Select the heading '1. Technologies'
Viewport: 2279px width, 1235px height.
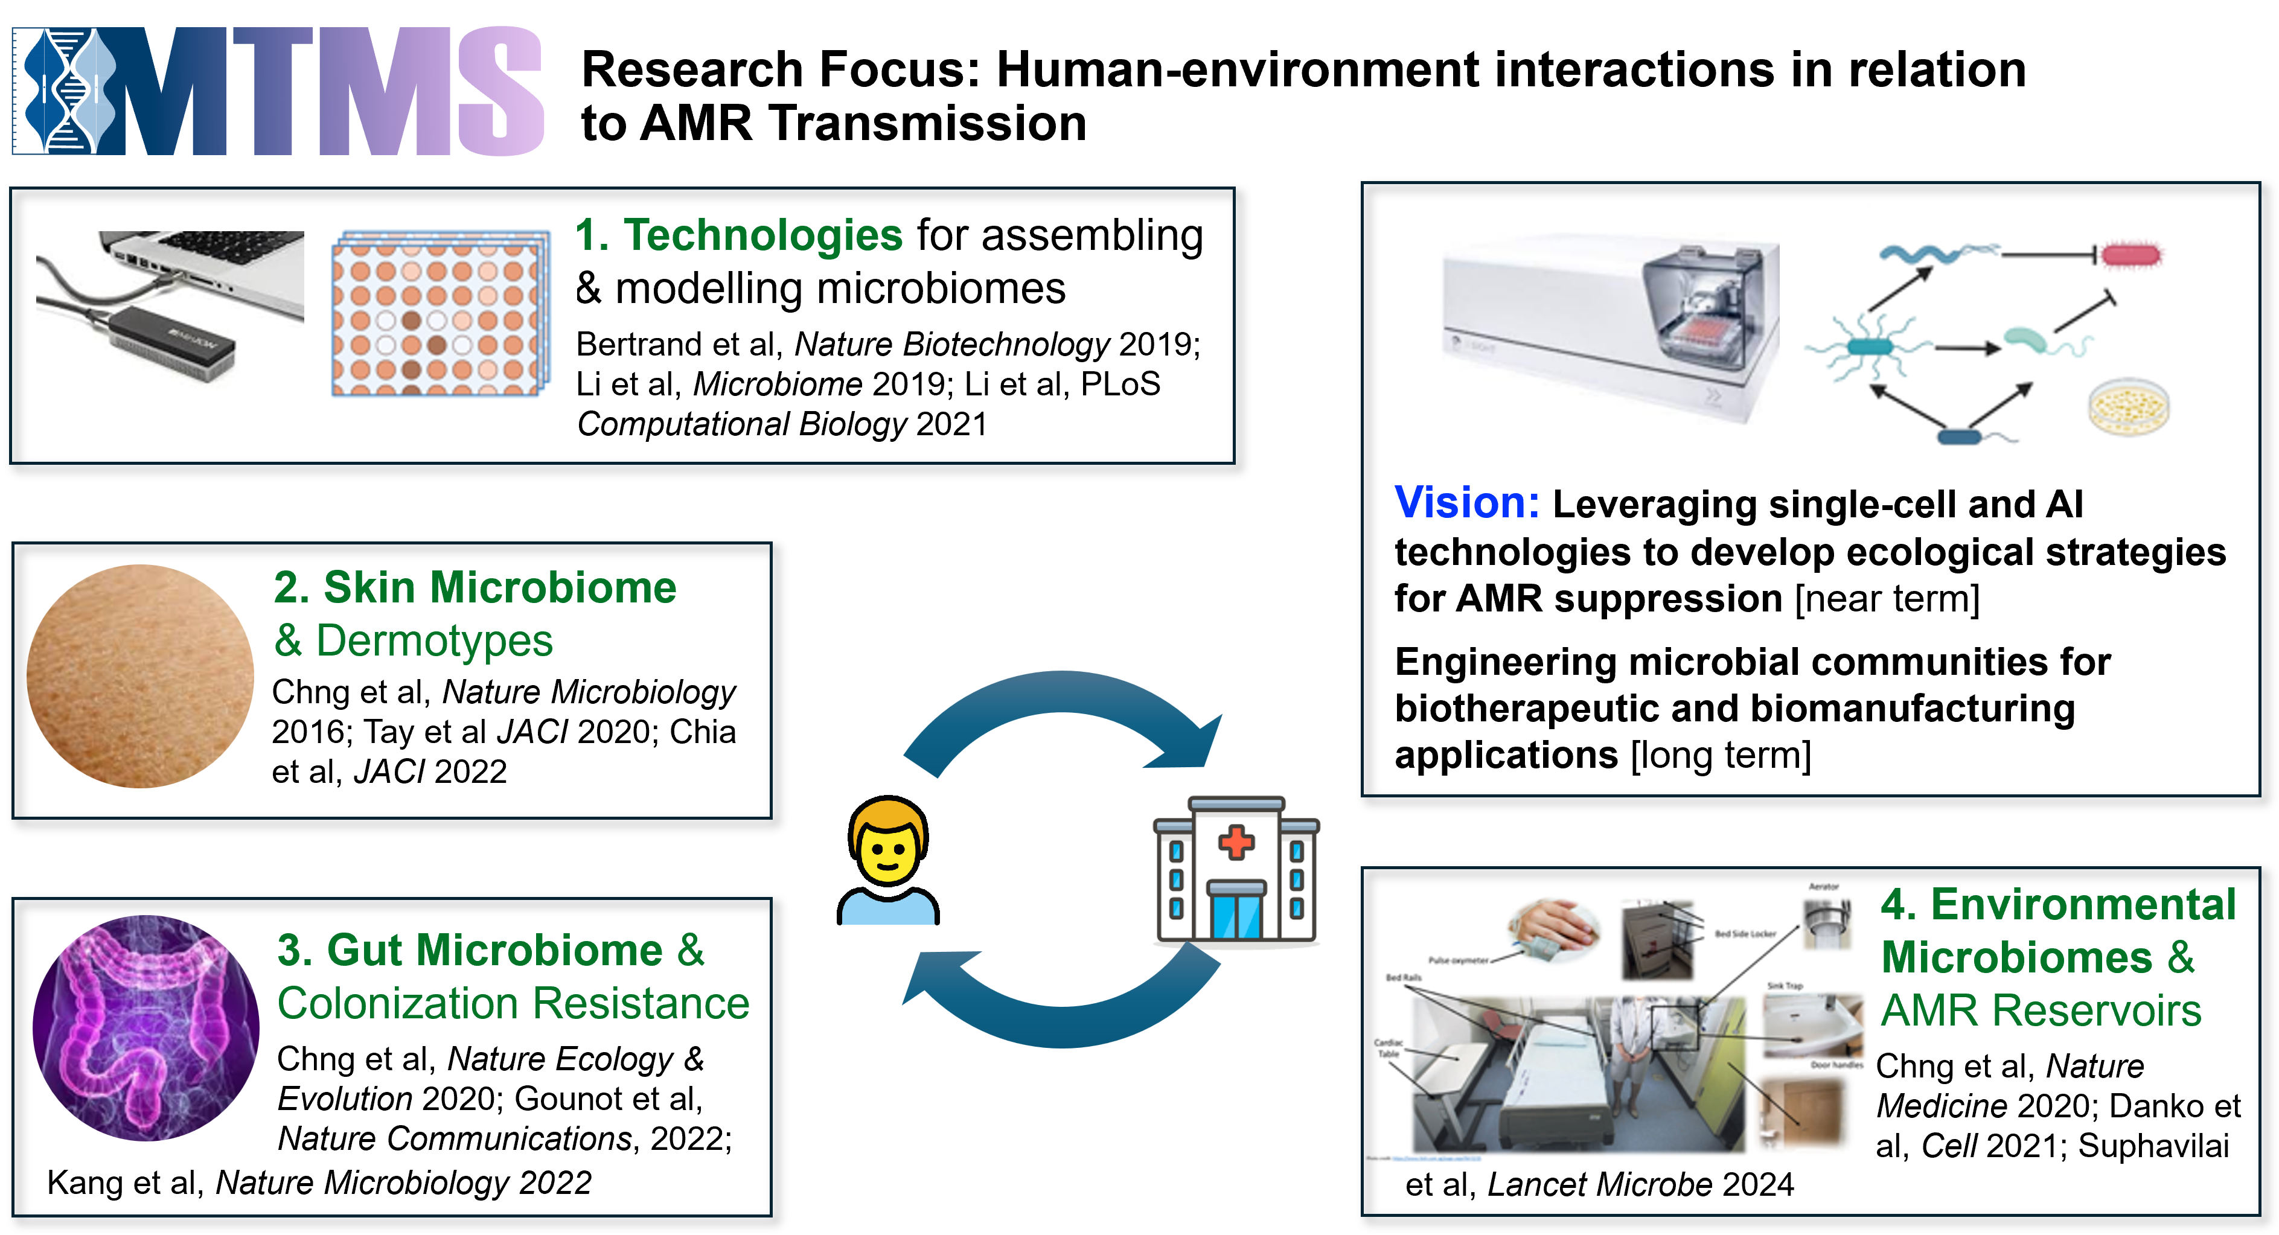coord(740,235)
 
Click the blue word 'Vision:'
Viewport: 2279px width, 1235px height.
coord(1466,502)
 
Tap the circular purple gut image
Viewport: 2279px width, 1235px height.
coord(146,1028)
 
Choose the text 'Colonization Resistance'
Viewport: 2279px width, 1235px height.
coord(513,1004)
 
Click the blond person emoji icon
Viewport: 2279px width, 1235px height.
coord(888,863)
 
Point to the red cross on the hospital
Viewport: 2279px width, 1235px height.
coord(1236,841)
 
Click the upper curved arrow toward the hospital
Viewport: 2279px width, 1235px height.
coord(1062,699)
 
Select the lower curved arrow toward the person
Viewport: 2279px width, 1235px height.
coord(1062,1017)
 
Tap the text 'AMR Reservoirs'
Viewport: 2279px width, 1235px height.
coord(2040,1010)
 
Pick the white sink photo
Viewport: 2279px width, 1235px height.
coord(1812,1024)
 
